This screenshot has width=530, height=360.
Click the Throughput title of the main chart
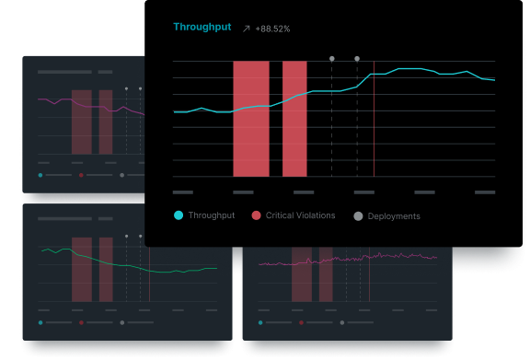(x=202, y=28)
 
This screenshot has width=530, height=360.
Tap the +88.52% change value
(x=273, y=29)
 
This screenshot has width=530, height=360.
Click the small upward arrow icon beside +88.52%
(x=247, y=29)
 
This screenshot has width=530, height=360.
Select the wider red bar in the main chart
(x=250, y=118)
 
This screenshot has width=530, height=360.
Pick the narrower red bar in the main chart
(x=294, y=118)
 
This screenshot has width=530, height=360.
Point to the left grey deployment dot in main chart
(x=332, y=59)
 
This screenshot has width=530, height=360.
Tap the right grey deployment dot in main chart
(x=357, y=59)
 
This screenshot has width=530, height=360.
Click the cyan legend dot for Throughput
(x=179, y=215)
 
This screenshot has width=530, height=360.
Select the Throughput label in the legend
(x=212, y=215)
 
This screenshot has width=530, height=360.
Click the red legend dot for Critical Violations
(x=256, y=215)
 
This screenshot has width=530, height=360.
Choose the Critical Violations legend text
(x=300, y=215)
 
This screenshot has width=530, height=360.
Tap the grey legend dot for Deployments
(x=358, y=215)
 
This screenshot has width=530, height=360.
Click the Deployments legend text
(x=394, y=216)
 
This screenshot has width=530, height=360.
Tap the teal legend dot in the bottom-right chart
(x=260, y=322)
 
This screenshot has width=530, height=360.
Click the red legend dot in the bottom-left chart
(x=81, y=322)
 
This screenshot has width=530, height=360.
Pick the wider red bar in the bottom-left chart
(x=82, y=269)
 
